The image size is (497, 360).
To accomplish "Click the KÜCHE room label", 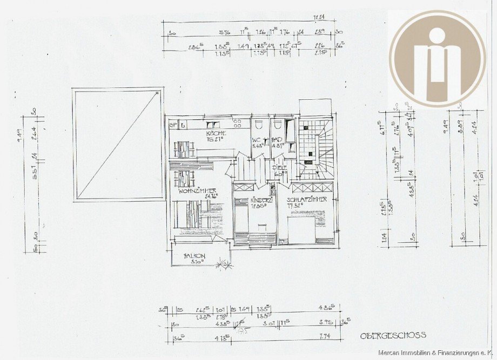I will coord(216,133).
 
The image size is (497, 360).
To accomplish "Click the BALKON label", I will coord(194,255).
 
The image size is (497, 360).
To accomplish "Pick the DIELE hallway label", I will coord(279,168).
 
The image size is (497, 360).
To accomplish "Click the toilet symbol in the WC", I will coord(259,126).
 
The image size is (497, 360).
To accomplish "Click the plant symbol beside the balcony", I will coord(221,264).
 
